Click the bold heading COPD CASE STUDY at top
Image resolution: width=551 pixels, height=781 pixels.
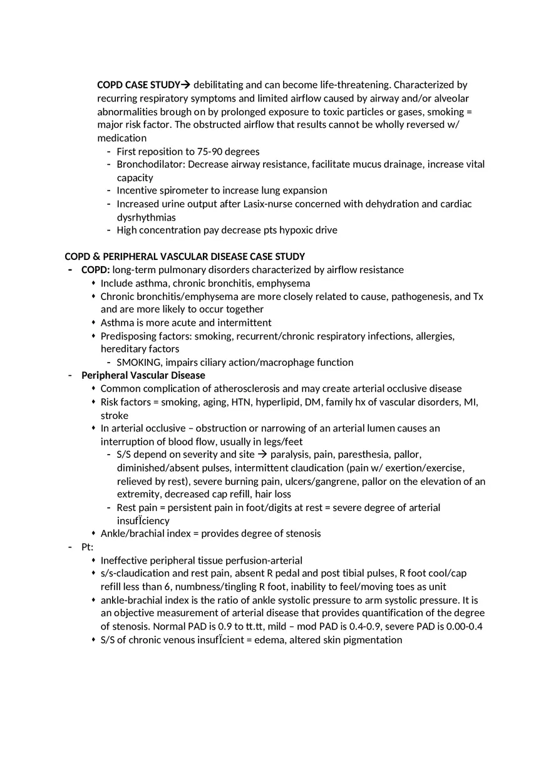(x=138, y=85)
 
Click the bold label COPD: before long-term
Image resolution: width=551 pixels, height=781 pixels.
(x=96, y=270)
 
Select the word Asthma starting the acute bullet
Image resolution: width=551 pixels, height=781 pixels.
(x=116, y=323)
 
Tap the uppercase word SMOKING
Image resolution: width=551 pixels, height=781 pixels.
(x=137, y=362)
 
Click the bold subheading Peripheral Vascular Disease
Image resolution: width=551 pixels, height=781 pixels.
(x=143, y=375)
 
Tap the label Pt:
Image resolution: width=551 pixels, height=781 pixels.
(x=88, y=547)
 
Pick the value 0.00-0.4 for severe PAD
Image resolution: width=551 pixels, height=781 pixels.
(x=464, y=626)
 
